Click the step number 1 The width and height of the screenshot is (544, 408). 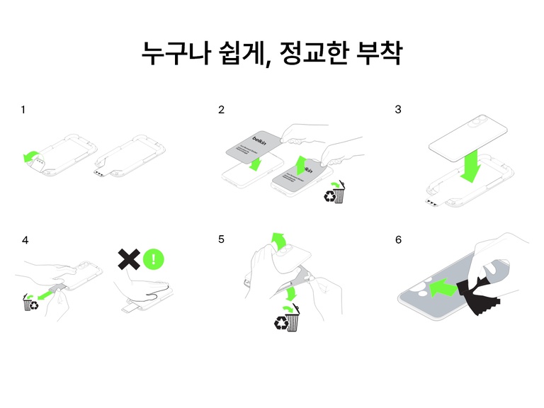coord(23,110)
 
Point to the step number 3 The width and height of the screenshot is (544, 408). coord(398,110)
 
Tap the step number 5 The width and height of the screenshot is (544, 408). coord(222,240)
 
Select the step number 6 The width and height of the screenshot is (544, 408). coord(398,240)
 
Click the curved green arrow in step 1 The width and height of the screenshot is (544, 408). coord(31,156)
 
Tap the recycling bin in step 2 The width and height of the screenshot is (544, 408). coord(335,193)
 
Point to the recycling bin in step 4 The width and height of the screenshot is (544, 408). coord(31,304)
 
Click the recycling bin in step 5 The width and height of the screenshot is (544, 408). coord(289,320)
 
